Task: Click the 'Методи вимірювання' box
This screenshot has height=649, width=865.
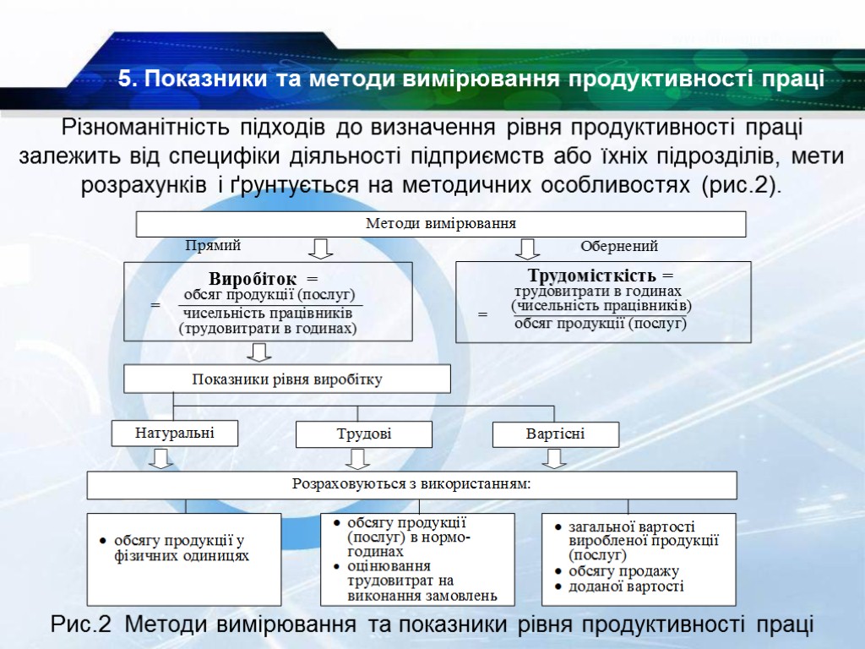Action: pyautogui.click(x=441, y=224)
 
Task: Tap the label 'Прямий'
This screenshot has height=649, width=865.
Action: pyautogui.click(x=213, y=246)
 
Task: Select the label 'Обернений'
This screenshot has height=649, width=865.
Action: pyautogui.click(x=618, y=247)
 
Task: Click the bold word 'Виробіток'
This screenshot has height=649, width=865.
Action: pyautogui.click(x=253, y=278)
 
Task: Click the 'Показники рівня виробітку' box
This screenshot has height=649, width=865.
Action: pyautogui.click(x=287, y=379)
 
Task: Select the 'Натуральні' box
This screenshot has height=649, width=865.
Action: pyautogui.click(x=175, y=434)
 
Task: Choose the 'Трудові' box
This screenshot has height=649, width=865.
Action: pyautogui.click(x=364, y=435)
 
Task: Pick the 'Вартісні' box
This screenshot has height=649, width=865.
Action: pyautogui.click(x=555, y=434)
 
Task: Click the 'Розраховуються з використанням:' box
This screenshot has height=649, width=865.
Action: pyautogui.click(x=412, y=485)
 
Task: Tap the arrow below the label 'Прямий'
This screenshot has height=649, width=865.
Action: pyautogui.click(x=321, y=248)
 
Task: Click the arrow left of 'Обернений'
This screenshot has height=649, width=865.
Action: pyautogui.click(x=528, y=248)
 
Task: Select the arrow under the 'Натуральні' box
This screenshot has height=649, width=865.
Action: pyautogui.click(x=161, y=458)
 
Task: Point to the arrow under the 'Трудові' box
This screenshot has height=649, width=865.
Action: pyautogui.click(x=358, y=458)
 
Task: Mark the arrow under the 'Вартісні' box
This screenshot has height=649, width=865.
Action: pyautogui.click(x=554, y=458)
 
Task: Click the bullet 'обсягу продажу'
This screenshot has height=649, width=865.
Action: pyautogui.click(x=623, y=571)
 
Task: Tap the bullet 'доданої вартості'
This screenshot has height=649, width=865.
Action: pyautogui.click(x=625, y=586)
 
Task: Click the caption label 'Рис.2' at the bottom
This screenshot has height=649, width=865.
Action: pyautogui.click(x=81, y=625)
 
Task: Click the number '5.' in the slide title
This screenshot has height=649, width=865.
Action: pyautogui.click(x=128, y=79)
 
